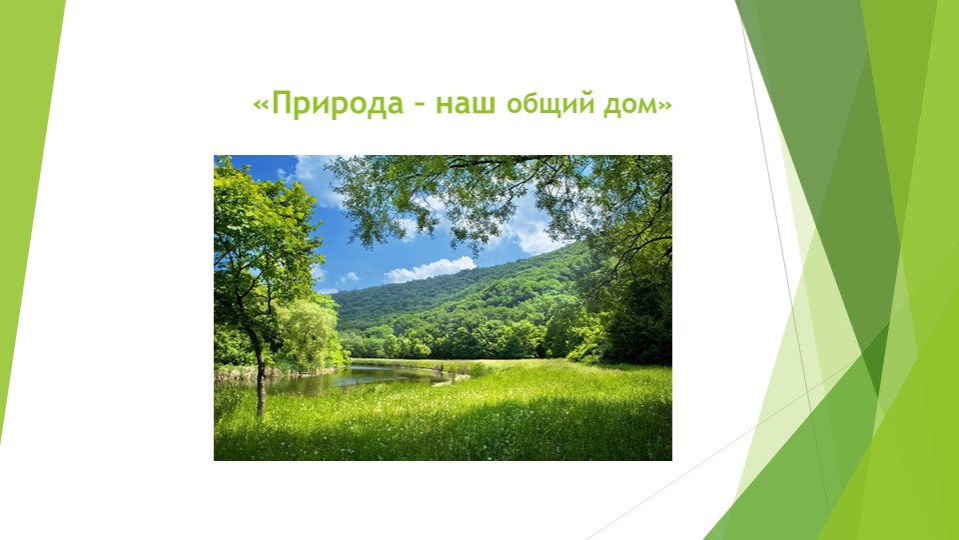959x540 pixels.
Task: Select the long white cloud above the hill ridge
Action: click(431, 268)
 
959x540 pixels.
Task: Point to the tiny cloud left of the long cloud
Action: click(348, 277)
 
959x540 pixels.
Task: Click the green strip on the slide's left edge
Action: click(25, 200)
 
